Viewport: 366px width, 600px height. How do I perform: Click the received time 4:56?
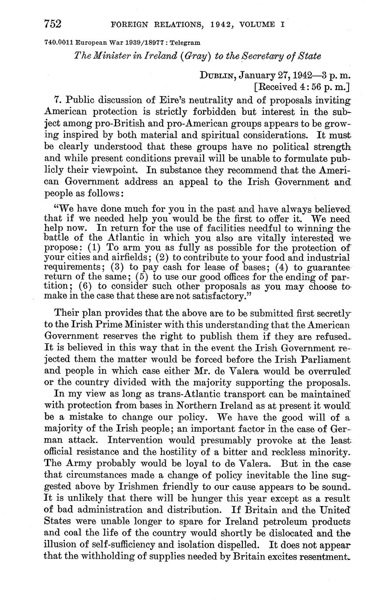[309, 87]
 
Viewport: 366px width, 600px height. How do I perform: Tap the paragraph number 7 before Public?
[57, 101]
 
